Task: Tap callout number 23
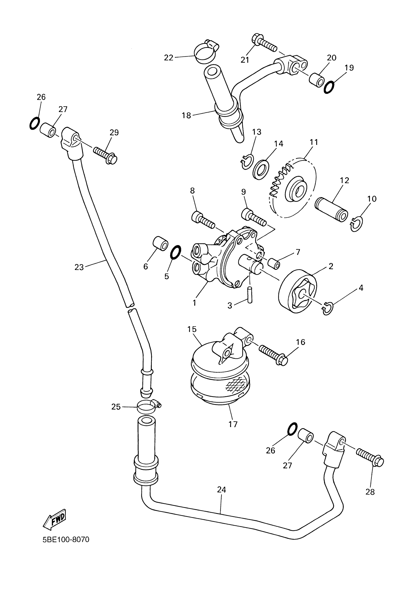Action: click(79, 268)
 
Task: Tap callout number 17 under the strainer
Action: click(233, 424)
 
